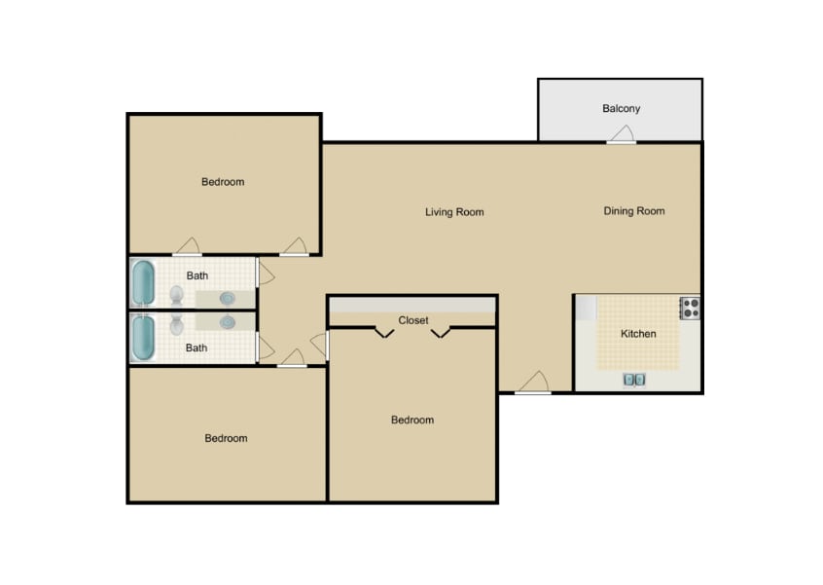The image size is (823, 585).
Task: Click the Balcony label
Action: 621,109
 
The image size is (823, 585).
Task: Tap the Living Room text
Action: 454,212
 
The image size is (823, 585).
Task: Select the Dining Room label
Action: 633,211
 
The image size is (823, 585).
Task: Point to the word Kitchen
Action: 638,334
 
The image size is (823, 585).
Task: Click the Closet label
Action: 412,320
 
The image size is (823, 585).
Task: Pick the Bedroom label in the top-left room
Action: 223,182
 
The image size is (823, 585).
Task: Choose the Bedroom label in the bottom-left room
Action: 226,439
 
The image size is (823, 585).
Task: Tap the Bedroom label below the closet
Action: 412,420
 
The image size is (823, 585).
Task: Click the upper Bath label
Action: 197,276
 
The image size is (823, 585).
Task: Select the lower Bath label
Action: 197,348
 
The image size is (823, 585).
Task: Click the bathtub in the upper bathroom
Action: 144,283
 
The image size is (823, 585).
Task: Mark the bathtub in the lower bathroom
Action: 144,338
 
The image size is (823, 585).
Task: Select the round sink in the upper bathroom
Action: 228,298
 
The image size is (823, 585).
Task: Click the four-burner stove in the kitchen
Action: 690,309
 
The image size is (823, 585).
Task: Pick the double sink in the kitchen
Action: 634,380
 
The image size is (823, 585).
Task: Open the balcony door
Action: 621,142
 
